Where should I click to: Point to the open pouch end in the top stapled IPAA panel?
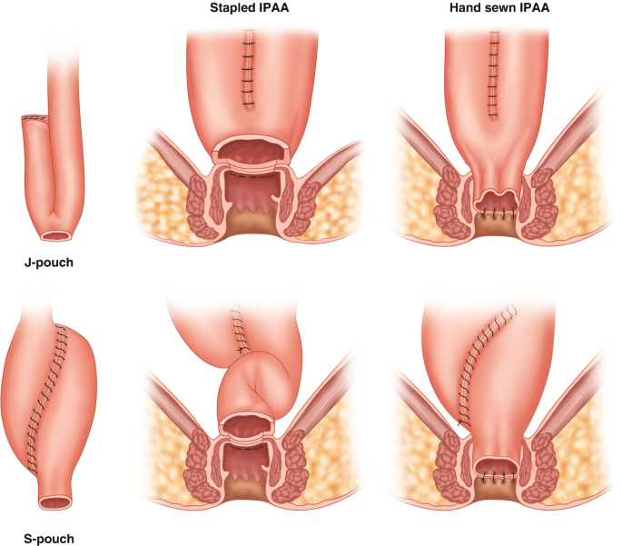(x=251, y=150)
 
